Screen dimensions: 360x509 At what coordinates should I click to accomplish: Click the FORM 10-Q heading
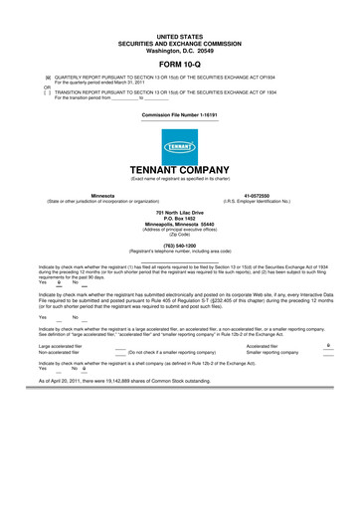(179, 63)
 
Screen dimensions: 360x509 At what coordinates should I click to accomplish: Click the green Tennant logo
(179, 147)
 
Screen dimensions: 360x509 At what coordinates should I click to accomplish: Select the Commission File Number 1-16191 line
(179, 116)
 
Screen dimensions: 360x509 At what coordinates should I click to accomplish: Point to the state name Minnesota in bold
(101, 196)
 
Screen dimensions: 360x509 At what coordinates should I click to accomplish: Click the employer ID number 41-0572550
(258, 196)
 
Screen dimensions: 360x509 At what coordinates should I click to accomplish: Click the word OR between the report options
(44, 86)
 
